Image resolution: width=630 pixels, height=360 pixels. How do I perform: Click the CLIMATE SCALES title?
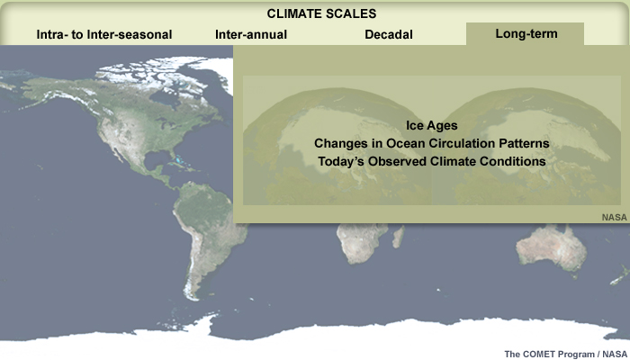pyautogui.click(x=321, y=13)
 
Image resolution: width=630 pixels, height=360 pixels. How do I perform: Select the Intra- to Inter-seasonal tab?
pyautogui.click(x=104, y=34)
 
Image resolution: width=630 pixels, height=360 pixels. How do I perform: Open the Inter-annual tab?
pyautogui.click(x=251, y=34)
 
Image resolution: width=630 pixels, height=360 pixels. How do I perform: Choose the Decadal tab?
pyautogui.click(x=389, y=34)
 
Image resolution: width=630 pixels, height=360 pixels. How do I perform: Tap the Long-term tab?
pyautogui.click(x=526, y=34)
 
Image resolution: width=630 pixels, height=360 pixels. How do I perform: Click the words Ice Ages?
pyautogui.click(x=431, y=125)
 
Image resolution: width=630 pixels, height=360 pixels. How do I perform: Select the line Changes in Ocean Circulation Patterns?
pyautogui.click(x=431, y=143)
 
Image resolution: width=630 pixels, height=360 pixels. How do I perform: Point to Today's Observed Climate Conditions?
pyautogui.click(x=431, y=161)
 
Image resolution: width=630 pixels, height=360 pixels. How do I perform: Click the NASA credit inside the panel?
pyautogui.click(x=614, y=218)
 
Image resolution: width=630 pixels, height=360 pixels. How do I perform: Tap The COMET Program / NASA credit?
pyautogui.click(x=565, y=354)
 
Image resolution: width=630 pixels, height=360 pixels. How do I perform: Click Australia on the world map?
pyautogui.click(x=550, y=246)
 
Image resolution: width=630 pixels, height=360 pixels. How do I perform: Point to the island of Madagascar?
pyautogui.click(x=398, y=236)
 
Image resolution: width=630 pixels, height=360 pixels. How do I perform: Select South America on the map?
pyautogui.click(x=205, y=225)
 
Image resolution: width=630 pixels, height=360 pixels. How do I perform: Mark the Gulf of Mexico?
pyautogui.click(x=157, y=161)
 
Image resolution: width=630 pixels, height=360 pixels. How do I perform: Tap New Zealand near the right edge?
pyautogui.click(x=621, y=276)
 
